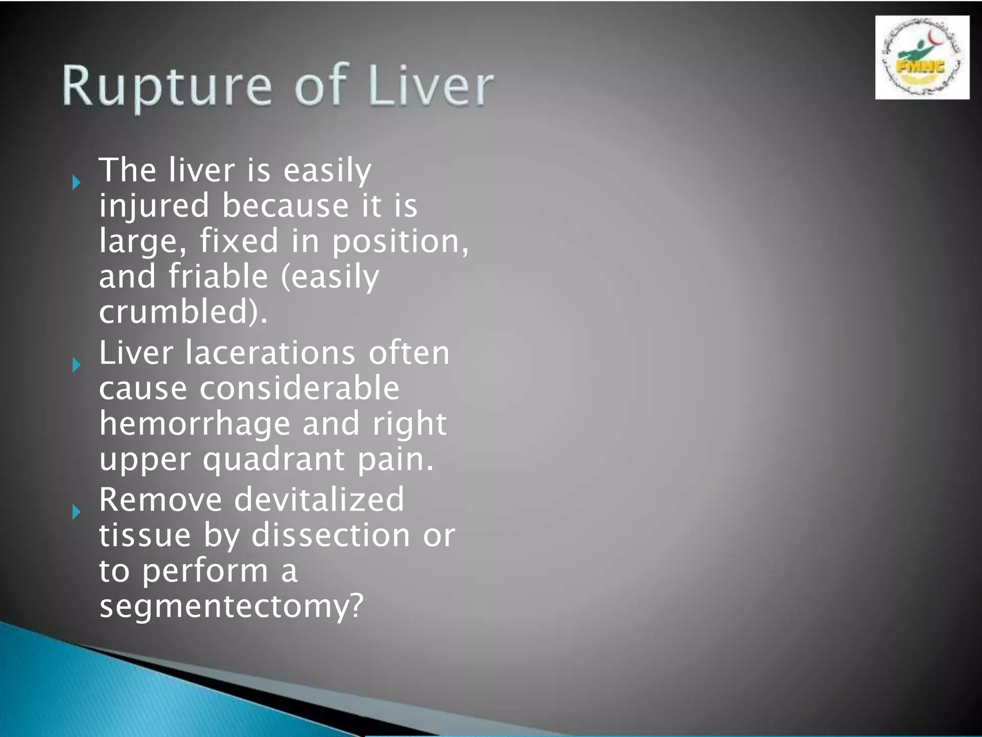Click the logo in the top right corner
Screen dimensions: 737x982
(x=922, y=58)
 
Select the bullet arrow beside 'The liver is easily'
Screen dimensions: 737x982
(x=76, y=182)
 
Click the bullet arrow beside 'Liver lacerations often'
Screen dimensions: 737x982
(x=76, y=365)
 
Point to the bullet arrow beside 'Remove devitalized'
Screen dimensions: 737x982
(x=76, y=512)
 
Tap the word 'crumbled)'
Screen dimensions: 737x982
(x=183, y=312)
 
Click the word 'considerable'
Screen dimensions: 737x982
(x=299, y=388)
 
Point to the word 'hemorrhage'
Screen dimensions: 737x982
(x=195, y=424)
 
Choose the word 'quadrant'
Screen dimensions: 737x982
(x=273, y=460)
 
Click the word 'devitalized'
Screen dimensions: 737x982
(x=319, y=499)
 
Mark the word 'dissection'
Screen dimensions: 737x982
(x=331, y=535)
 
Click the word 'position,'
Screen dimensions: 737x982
(x=400, y=241)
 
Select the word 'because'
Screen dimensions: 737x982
(x=285, y=206)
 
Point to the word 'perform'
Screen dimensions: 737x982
(x=205, y=571)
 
